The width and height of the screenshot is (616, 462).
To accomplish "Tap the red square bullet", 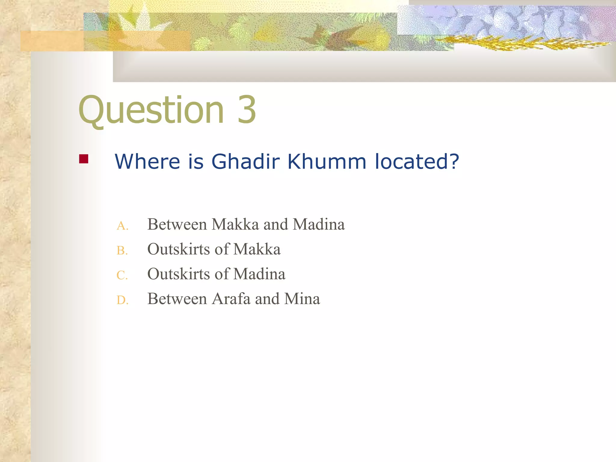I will [x=84, y=159].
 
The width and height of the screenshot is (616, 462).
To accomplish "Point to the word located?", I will [x=417, y=162].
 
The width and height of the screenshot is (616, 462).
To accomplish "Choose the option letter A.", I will [x=122, y=226].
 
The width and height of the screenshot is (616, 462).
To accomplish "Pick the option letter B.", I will [x=122, y=251].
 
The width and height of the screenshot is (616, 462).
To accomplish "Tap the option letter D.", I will [x=122, y=300].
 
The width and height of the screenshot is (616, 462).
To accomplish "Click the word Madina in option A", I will [x=319, y=224].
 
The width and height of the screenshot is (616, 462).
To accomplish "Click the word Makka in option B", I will [x=257, y=249].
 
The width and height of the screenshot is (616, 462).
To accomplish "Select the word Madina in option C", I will [x=259, y=274].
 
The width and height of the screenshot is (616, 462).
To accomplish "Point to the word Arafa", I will [x=231, y=299].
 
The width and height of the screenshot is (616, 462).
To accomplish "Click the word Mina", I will [x=302, y=299].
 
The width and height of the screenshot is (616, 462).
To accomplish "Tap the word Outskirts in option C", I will [x=178, y=274].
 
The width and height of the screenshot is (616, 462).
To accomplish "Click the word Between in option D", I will [x=177, y=299].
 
